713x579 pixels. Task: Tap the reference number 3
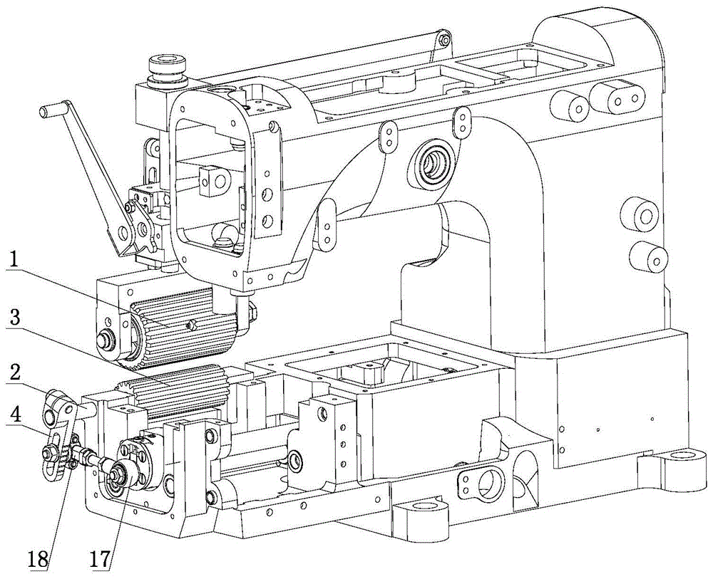(14, 315)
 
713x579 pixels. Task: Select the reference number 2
(14, 370)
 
